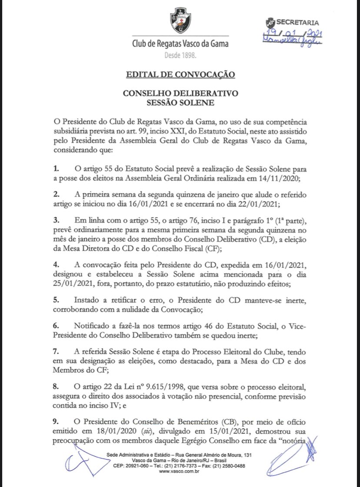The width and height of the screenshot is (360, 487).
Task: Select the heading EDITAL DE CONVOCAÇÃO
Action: coord(180,74)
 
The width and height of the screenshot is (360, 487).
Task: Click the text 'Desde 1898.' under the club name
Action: coord(180,56)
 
